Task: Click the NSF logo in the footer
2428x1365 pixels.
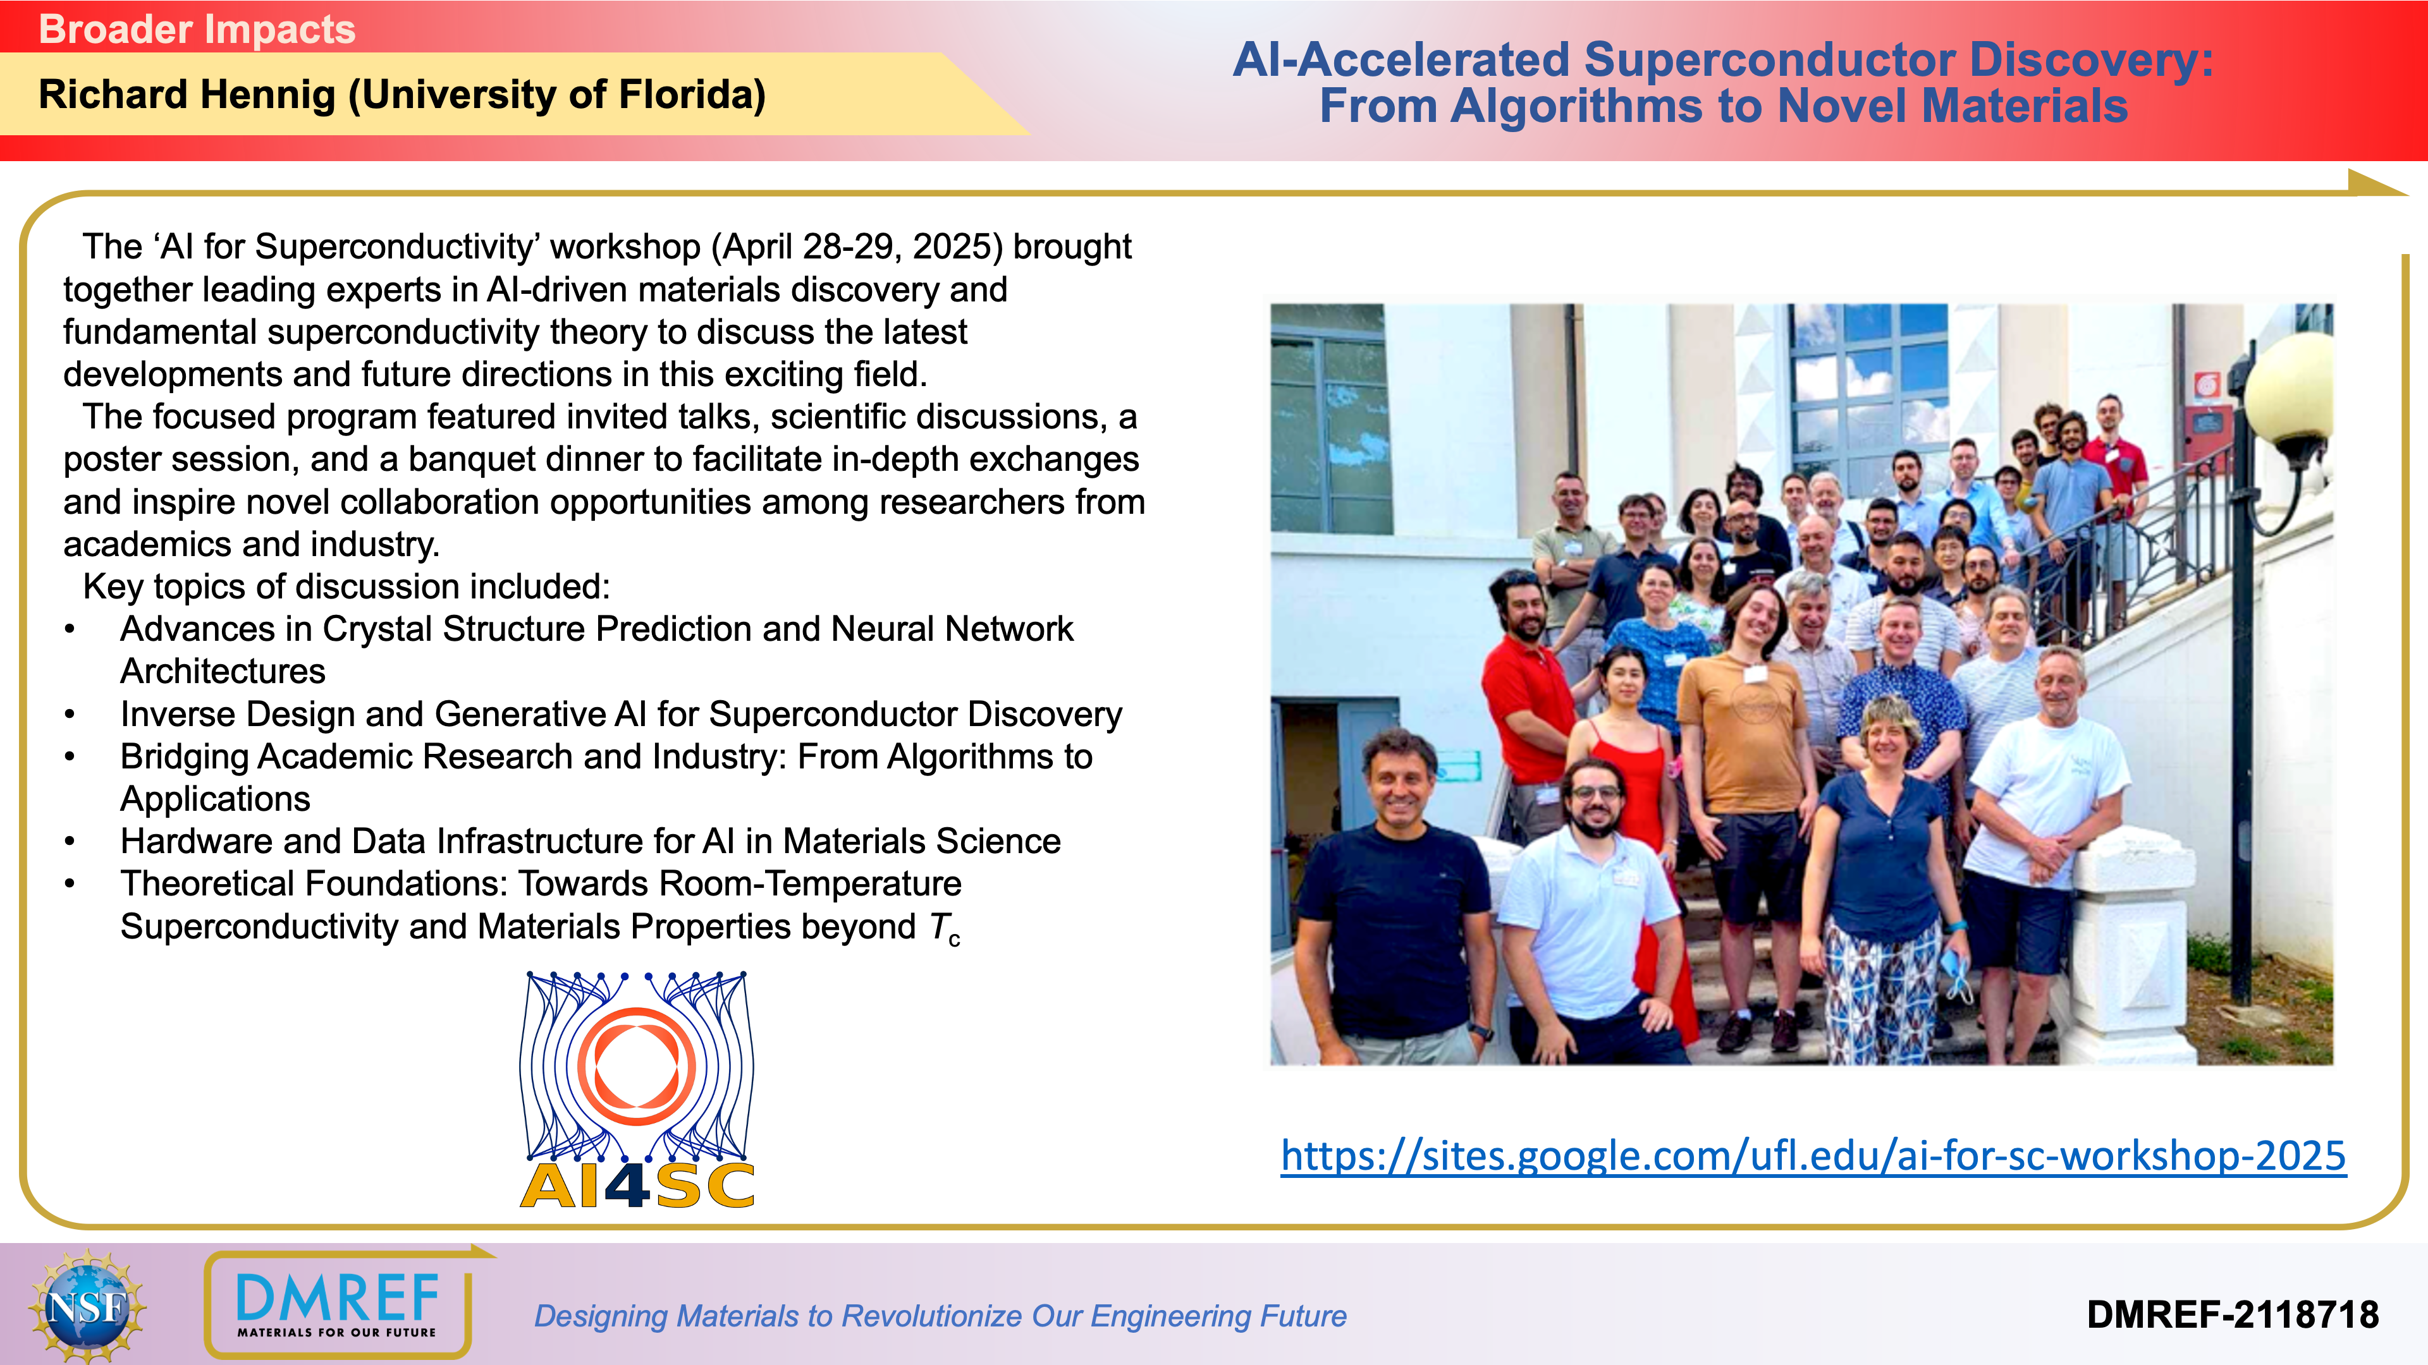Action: pyautogui.click(x=88, y=1306)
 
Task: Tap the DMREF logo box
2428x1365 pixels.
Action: pyautogui.click(x=338, y=1305)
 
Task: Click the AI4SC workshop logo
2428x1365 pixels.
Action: pyautogui.click(x=637, y=1090)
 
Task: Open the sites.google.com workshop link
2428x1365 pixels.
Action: pyautogui.click(x=1813, y=1156)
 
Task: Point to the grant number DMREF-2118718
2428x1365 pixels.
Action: pyautogui.click(x=2232, y=1315)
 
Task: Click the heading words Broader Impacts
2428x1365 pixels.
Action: pyautogui.click(x=197, y=29)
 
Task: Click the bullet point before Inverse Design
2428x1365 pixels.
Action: pyautogui.click(x=70, y=715)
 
